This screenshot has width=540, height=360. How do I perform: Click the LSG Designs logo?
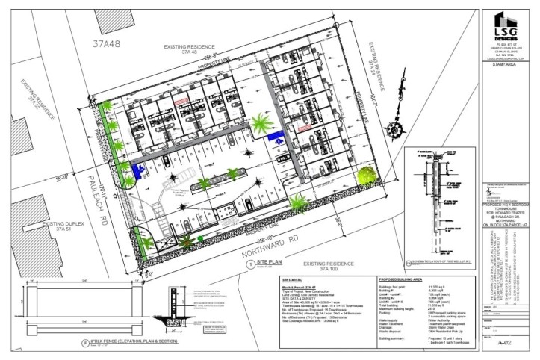tap(500, 30)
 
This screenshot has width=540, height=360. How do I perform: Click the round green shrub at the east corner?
tap(365, 176)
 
